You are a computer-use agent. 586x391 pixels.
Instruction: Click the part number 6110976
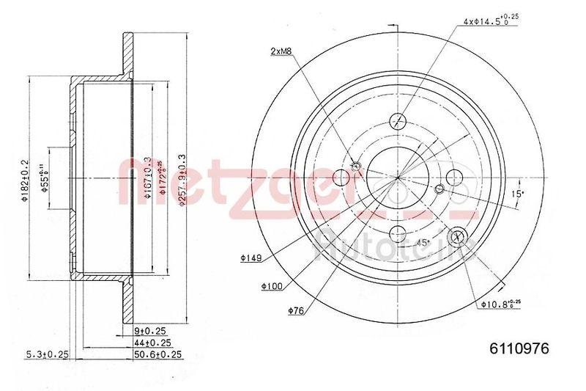[518, 348]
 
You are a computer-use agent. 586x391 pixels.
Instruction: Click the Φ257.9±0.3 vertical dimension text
[182, 178]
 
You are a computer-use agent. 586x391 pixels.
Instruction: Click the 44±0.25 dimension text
[154, 342]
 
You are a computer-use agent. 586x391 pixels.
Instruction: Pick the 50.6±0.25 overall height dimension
[157, 354]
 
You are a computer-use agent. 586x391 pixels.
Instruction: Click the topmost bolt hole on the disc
[398, 122]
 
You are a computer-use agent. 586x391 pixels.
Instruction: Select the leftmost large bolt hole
[341, 178]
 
